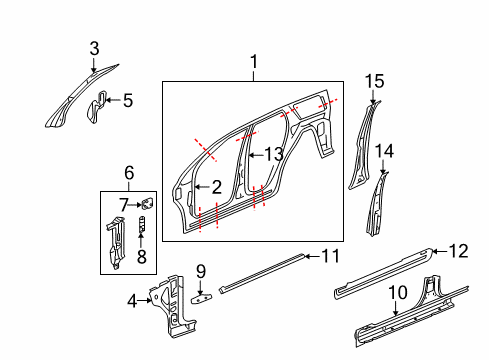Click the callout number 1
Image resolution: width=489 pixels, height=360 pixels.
253,62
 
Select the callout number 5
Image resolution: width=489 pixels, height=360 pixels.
126,99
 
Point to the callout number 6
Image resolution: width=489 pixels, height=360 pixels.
129,173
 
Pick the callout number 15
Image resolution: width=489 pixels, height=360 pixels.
374,80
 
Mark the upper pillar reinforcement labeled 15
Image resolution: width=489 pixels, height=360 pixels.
362,145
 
